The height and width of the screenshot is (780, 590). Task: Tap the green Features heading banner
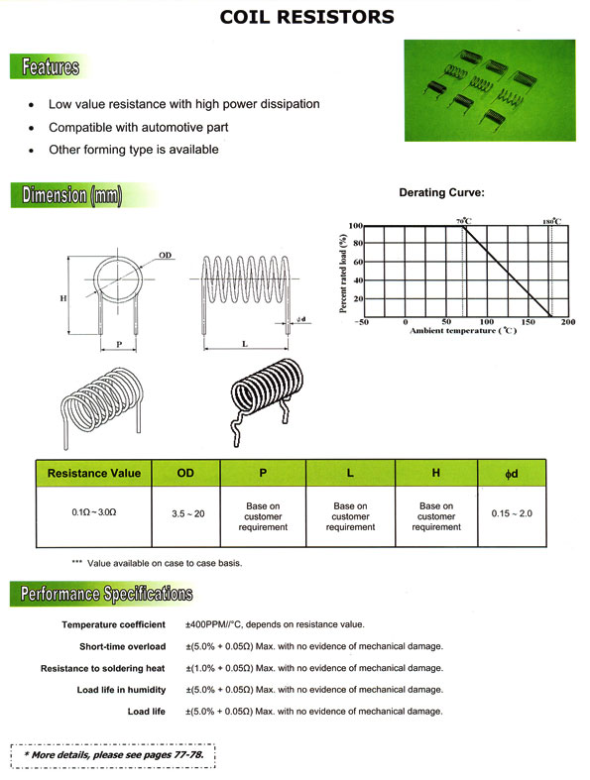pos(45,67)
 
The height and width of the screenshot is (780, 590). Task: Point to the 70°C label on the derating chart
pos(463,220)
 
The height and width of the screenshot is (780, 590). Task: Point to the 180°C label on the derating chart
pos(551,220)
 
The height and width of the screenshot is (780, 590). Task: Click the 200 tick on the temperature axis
pos(568,322)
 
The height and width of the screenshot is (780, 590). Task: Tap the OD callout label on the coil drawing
pos(166,256)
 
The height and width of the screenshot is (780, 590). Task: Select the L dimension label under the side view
pos(246,342)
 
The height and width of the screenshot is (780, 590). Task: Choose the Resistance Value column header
pos(94,473)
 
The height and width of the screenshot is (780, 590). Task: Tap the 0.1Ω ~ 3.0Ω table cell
pos(93,514)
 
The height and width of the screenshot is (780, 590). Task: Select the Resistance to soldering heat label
pos(103,668)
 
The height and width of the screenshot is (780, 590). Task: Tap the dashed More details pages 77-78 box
pos(112,755)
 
